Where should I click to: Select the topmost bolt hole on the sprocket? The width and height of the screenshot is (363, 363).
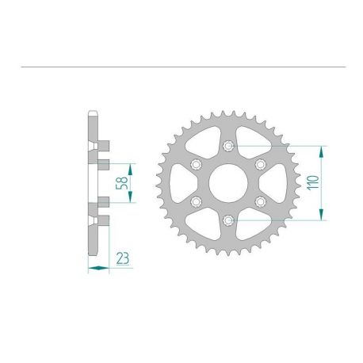point(227,145)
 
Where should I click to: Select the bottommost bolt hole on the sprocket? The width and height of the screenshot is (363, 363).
point(227,220)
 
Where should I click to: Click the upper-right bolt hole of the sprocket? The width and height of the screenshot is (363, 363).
point(259,164)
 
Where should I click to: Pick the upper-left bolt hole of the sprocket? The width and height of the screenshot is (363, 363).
point(196,164)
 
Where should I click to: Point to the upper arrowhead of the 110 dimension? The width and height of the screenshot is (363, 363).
point(320,149)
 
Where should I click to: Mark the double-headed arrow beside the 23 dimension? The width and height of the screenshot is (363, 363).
point(97,268)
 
